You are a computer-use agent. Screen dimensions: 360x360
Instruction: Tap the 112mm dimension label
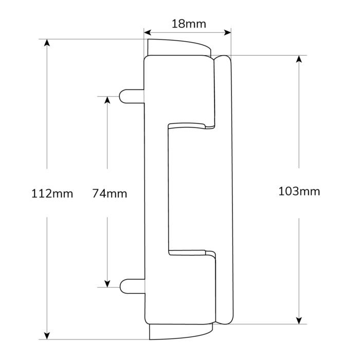click(52, 194)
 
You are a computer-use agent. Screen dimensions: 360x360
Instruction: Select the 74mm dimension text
click(109, 194)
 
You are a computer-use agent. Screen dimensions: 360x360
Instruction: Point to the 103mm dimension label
click(299, 192)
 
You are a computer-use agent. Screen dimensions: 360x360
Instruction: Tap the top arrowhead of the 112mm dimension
click(47, 43)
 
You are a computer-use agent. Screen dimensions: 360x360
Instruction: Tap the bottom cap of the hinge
click(180, 332)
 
